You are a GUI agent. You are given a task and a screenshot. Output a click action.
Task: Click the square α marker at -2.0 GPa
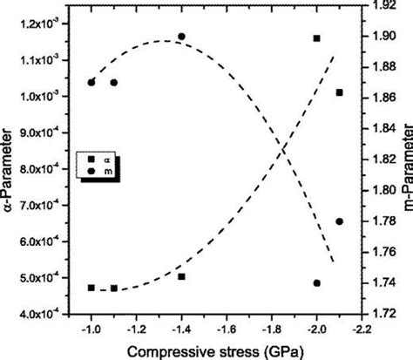click(316, 38)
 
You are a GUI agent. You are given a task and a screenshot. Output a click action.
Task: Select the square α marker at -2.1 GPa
click(339, 92)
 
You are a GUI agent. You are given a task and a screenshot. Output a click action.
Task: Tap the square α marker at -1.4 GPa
click(181, 276)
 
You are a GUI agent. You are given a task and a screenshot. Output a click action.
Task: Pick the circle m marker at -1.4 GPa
click(181, 37)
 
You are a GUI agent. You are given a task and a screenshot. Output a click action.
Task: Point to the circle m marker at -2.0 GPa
click(316, 283)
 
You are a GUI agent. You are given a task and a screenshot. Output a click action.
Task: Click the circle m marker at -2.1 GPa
click(339, 221)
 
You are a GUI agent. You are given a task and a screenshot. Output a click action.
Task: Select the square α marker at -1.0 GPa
click(91, 288)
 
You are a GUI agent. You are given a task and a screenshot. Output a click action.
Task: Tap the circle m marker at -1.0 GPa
click(91, 83)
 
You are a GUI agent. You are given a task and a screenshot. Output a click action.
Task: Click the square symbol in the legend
click(91, 159)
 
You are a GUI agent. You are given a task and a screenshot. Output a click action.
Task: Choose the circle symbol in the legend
click(91, 173)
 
